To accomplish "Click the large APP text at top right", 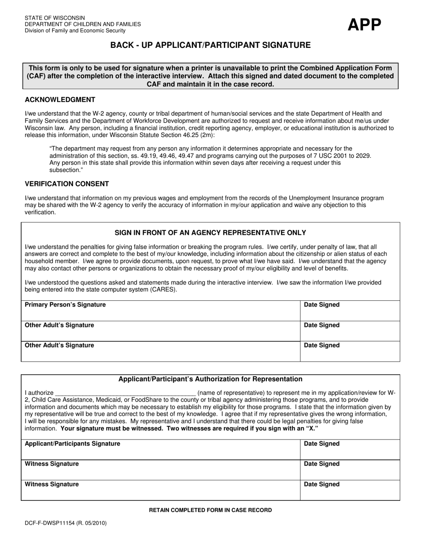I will pos(364,25).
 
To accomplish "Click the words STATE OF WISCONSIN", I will pos(55,18).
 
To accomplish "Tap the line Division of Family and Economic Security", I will pos(75,31).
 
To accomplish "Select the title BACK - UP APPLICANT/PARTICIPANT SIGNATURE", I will pos(210,45).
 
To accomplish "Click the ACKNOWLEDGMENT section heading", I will pos(60,100).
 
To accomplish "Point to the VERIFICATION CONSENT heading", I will pos(66,184).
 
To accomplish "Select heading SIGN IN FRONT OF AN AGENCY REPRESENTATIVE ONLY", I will pos(210,233).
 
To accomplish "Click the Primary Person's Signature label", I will pos(65,305).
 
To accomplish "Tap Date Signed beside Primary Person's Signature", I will pos(322,305).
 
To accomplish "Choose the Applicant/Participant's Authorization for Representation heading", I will pos(210,379).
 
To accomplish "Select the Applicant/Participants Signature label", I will pos(72,444).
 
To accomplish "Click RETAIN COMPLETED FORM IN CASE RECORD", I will pos(210,510).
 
